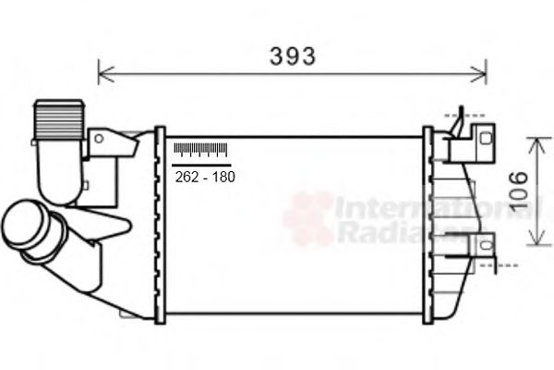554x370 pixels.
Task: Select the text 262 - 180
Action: coord(204,176)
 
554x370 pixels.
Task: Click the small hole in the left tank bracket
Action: coord(97,138)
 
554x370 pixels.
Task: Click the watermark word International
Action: coord(434,208)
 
